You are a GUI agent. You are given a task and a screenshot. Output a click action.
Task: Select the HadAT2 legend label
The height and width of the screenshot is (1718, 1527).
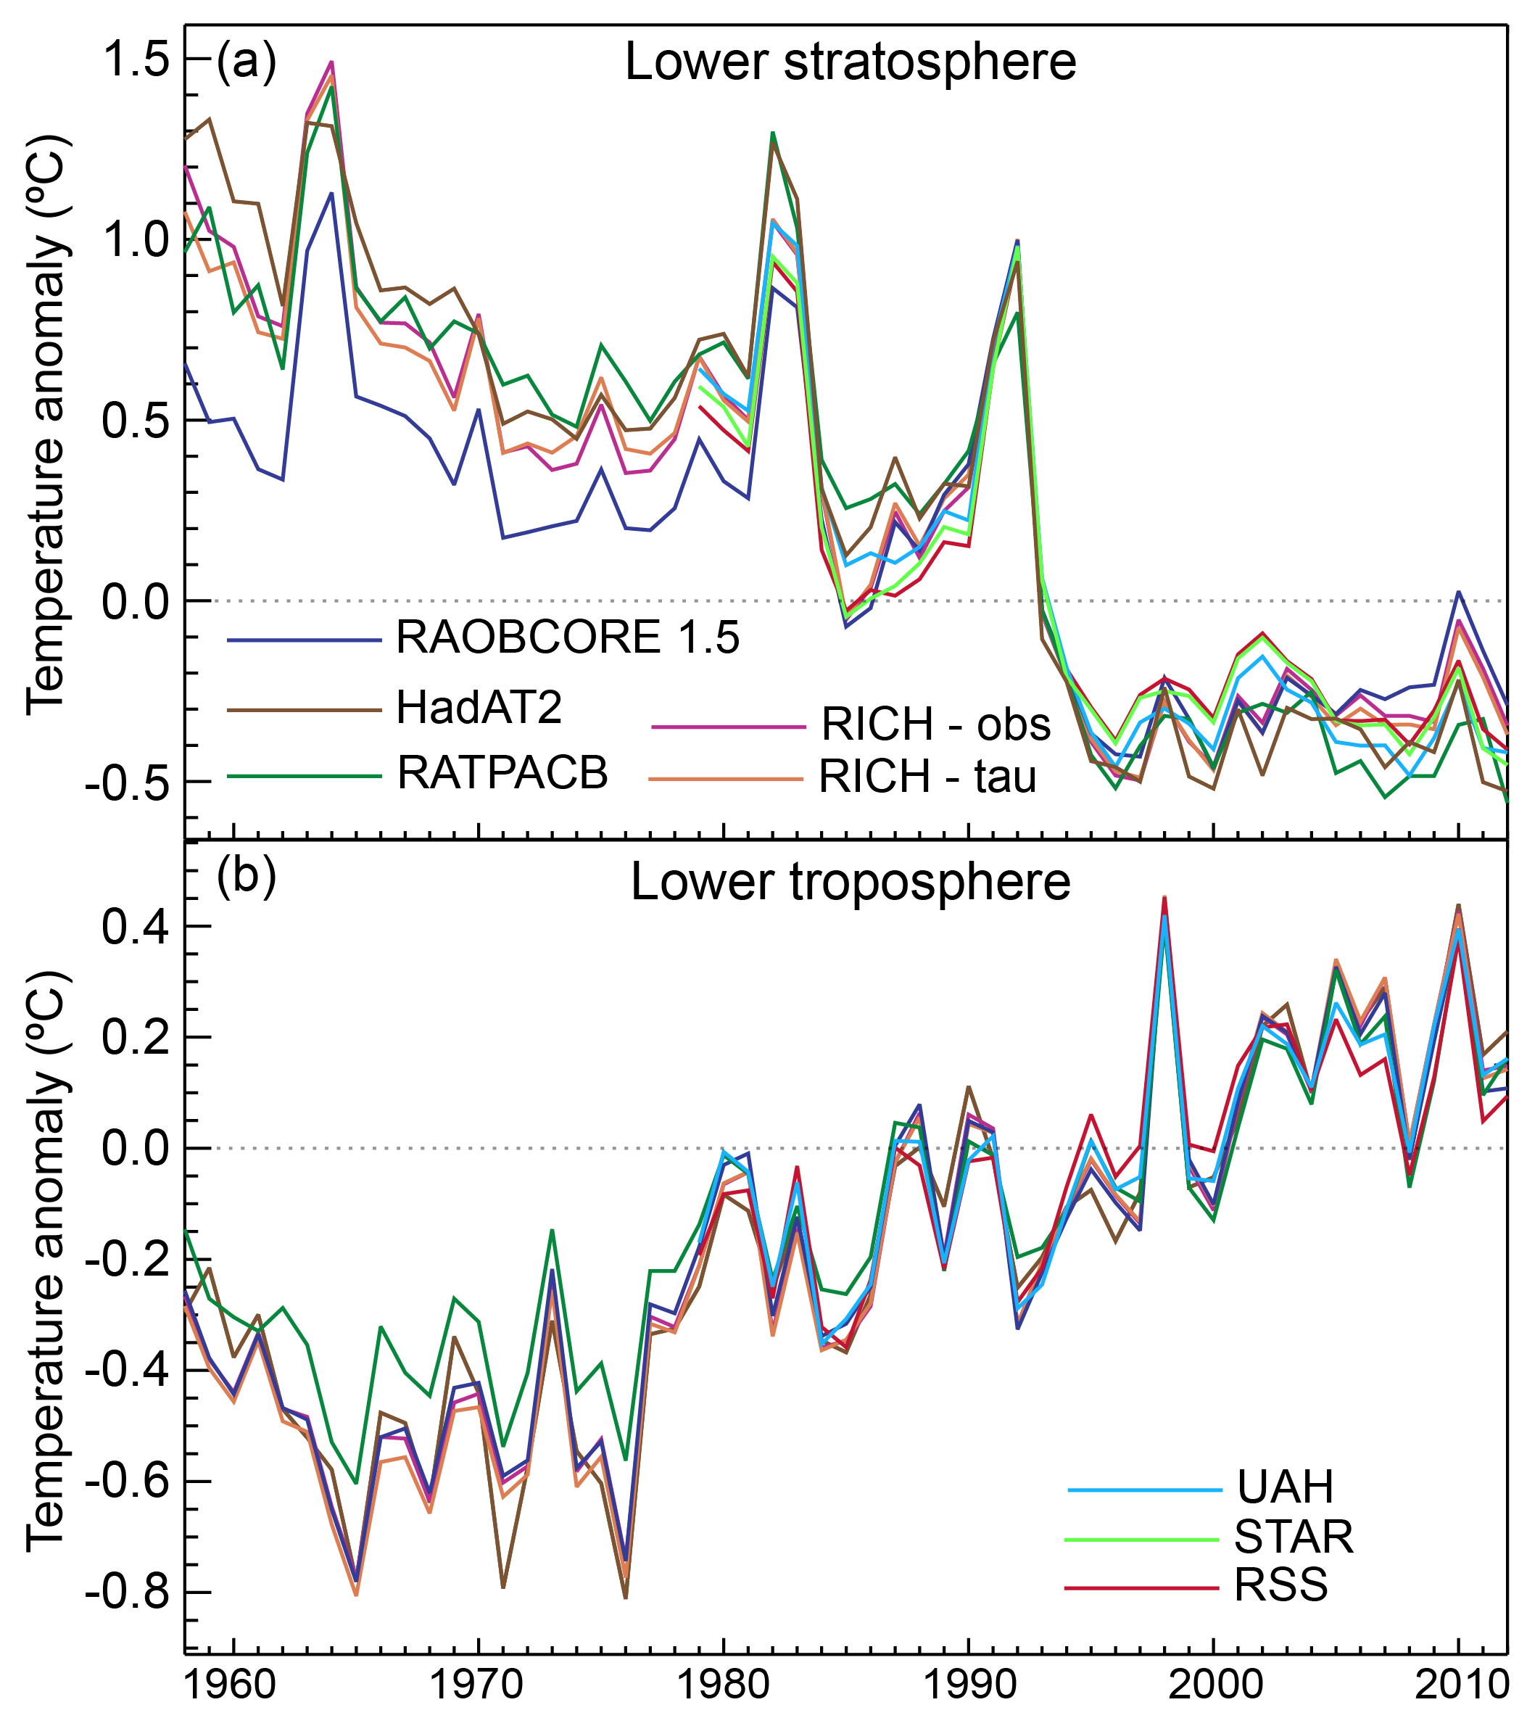tap(479, 708)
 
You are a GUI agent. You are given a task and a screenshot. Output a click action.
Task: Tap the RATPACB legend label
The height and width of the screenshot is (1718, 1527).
tap(502, 772)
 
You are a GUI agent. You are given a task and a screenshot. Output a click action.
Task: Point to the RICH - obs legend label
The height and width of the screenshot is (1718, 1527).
tap(935, 724)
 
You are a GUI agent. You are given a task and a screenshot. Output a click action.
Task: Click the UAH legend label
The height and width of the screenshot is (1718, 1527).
tap(1285, 1487)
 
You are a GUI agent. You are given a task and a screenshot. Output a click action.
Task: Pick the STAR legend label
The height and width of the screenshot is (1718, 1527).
tap(1294, 1537)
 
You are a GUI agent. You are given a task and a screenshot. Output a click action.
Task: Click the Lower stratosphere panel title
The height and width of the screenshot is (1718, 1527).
tap(850, 62)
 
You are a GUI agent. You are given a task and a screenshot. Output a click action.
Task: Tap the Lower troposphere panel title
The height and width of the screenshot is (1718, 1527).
tap(850, 882)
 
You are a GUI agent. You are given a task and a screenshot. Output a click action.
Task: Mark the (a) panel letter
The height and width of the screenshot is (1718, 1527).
tap(245, 62)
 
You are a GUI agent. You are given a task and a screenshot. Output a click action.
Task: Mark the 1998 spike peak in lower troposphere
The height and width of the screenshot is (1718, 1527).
tap(1164, 899)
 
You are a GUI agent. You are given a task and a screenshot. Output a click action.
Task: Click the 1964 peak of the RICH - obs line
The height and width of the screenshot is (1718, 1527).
tap(332, 62)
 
